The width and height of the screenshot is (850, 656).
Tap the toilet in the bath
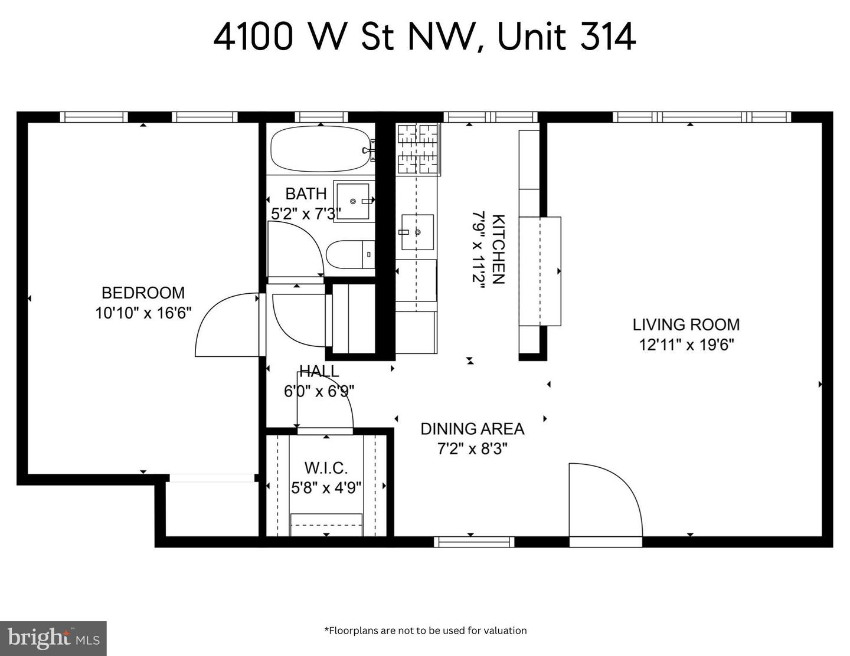click(x=350, y=255)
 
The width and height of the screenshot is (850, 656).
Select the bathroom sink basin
click(x=354, y=201)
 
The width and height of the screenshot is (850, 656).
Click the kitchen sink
click(x=417, y=232)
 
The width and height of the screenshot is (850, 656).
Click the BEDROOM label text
click(x=143, y=293)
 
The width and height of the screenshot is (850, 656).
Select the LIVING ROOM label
click(x=686, y=324)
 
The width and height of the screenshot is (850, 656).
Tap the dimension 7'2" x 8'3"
click(x=472, y=449)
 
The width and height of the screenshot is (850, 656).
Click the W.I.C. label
click(x=326, y=468)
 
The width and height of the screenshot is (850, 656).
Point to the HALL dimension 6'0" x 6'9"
click(x=319, y=391)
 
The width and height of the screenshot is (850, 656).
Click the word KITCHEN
click(x=498, y=250)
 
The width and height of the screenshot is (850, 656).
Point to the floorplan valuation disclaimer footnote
click(x=425, y=631)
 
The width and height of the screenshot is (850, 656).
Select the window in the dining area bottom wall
click(x=474, y=542)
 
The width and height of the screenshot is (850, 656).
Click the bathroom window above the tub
click(x=321, y=117)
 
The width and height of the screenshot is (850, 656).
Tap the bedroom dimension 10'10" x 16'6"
click(x=143, y=313)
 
